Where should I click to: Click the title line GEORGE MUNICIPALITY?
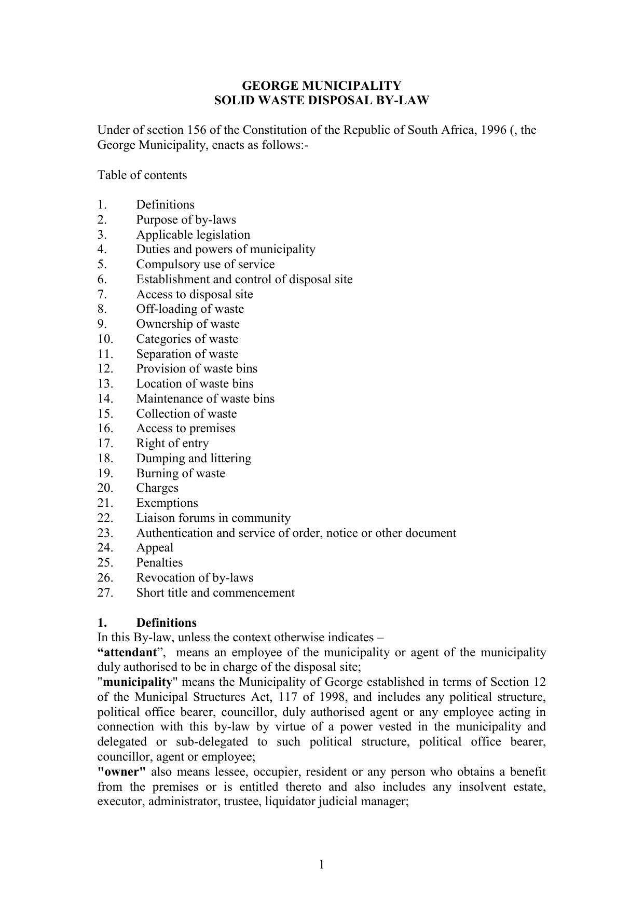click(322, 86)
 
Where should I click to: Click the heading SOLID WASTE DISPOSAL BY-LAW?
click(322, 100)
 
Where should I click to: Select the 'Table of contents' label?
click(142, 175)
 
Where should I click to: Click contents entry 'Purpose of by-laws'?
click(186, 219)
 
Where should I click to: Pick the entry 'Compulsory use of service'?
click(205, 264)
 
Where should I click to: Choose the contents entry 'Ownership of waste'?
click(188, 324)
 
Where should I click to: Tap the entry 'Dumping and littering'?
click(194, 458)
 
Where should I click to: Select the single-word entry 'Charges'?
click(157, 488)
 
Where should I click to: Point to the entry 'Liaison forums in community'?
click(213, 518)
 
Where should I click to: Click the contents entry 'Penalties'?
click(159, 562)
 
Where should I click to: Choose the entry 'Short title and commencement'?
click(215, 592)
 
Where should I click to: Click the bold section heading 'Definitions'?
click(166, 623)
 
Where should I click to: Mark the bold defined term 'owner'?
click(121, 771)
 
